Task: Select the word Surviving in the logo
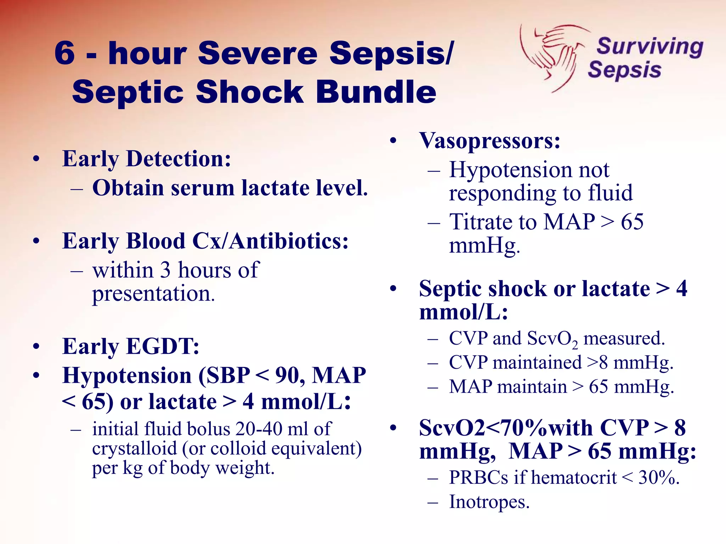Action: point(650,47)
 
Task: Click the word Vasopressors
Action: point(489,141)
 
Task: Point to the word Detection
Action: point(178,159)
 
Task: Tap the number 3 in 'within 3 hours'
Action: point(165,270)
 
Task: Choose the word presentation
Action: point(153,294)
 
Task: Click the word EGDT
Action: point(162,346)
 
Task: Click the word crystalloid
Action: point(134,449)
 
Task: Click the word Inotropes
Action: point(489,502)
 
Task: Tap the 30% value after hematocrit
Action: point(658,477)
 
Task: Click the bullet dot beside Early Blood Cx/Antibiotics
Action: point(36,242)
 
